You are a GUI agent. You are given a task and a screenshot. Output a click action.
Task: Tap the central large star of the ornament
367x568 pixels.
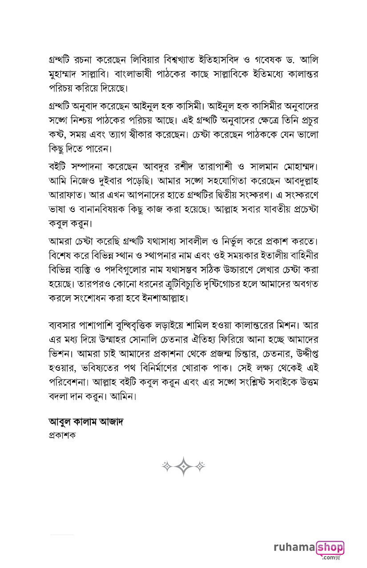pos(183,466)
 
